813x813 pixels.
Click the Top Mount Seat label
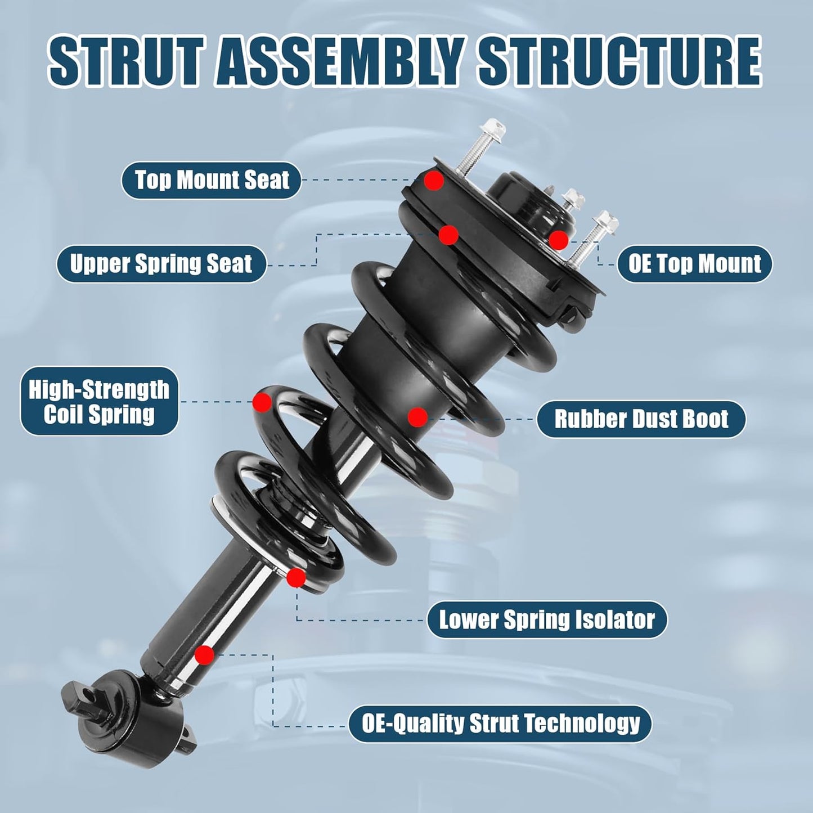pos(212,180)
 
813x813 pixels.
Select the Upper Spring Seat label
pos(161,264)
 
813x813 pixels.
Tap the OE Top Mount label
pos(694,264)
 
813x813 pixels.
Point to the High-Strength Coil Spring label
pos(100,401)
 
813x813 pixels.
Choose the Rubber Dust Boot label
pos(641,419)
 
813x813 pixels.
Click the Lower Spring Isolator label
pos(547,620)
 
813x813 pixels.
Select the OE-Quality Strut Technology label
pos(500,724)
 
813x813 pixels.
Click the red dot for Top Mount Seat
pos(434,181)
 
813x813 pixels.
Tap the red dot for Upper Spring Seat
pos(448,235)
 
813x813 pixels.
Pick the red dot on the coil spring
pos(262,402)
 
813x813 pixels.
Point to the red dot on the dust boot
pos(417,417)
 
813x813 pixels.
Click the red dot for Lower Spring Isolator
pos(296,578)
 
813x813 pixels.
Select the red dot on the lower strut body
pos(205,655)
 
